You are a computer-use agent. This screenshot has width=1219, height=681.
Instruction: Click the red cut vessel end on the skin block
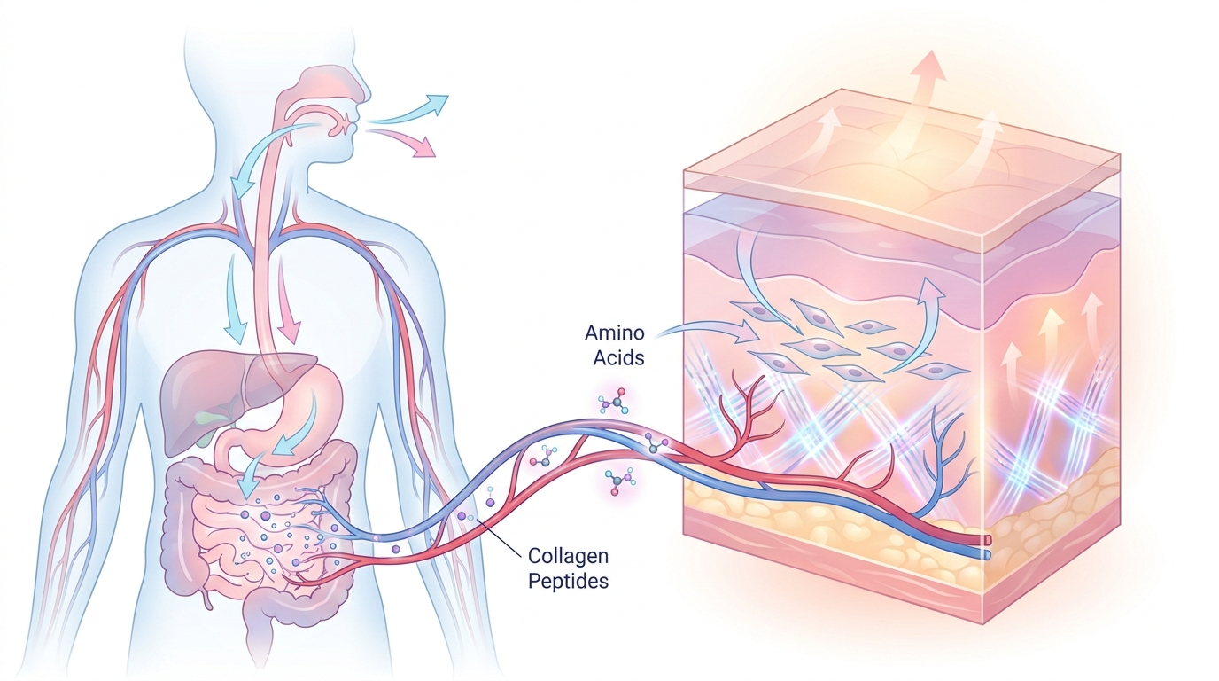pos(985,538)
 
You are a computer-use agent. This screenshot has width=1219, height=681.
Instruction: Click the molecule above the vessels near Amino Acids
pos(614,401)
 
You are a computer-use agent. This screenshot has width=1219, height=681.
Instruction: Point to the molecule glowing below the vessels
pos(619,481)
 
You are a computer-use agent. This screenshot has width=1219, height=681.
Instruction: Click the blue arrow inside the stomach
pos(292,439)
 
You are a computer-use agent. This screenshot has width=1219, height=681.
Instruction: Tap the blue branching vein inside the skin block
pos(953,461)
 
